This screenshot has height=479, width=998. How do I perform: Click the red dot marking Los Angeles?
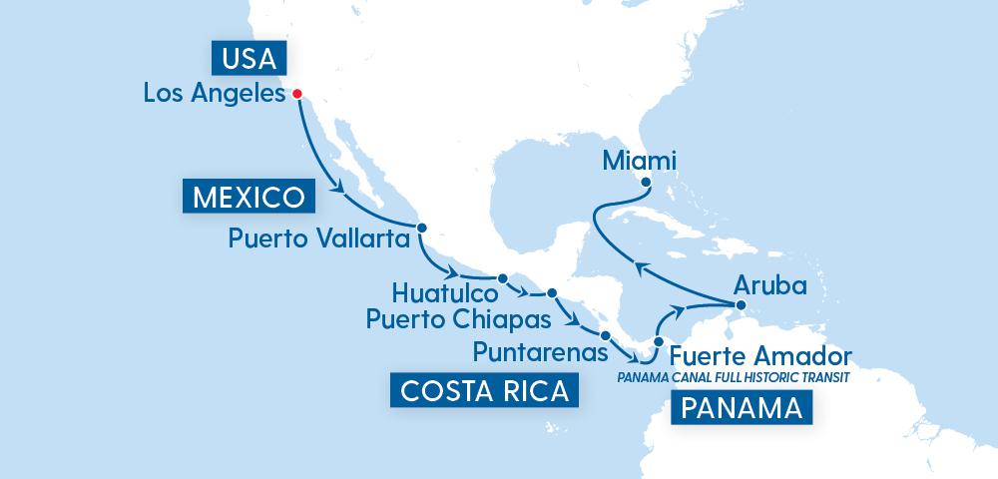tap(296, 95)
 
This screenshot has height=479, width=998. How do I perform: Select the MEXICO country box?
tap(249, 196)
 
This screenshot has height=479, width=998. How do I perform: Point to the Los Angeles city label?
tap(214, 95)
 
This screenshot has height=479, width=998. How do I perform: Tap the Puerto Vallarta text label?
tap(319, 239)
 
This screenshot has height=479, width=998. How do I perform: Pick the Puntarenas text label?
tap(540, 352)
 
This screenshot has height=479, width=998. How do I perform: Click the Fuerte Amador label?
tap(760, 356)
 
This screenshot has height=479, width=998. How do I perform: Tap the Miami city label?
tap(640, 160)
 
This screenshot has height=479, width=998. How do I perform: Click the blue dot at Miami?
tap(646, 183)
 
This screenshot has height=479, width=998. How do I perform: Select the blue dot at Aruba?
tap(741, 304)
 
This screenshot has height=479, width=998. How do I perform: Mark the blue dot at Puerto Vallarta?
tap(421, 228)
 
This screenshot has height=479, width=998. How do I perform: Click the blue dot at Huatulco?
tap(502, 278)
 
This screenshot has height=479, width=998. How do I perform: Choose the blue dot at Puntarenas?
tap(605, 334)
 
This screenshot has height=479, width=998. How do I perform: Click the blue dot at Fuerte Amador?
tap(658, 342)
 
